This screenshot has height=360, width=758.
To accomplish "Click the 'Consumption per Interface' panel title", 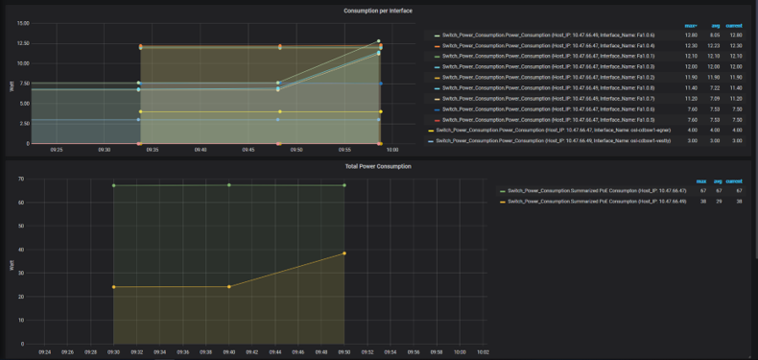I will click(378, 11).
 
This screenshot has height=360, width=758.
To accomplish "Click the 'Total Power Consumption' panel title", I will click(378, 166).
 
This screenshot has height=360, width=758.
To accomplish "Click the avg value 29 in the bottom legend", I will click(717, 201).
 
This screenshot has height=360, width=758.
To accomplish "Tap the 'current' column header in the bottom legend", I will click(734, 181).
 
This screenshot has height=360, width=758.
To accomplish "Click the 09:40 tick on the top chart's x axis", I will click(200, 150).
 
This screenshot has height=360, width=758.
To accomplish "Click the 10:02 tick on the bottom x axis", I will click(482, 351).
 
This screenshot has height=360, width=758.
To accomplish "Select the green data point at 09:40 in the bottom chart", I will click(228, 185).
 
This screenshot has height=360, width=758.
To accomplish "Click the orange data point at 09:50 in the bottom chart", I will click(343, 253).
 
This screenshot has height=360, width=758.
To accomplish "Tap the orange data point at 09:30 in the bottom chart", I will click(113, 287).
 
